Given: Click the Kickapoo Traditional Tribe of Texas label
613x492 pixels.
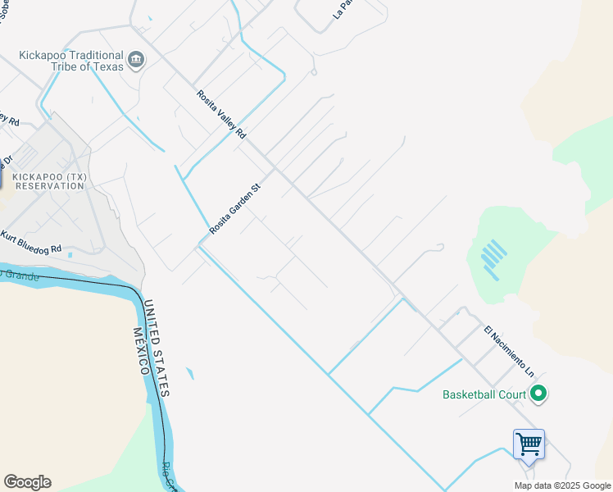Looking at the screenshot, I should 72,61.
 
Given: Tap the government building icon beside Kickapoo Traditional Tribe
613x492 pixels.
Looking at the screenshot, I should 136,58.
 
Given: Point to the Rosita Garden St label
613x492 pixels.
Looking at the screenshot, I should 234,209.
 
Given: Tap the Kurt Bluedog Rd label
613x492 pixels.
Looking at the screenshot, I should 31,241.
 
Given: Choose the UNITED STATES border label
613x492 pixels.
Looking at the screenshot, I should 157,348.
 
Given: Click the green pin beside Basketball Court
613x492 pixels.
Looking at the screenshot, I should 538,394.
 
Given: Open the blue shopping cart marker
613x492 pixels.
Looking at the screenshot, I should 529,445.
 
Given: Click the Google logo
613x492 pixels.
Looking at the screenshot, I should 27,482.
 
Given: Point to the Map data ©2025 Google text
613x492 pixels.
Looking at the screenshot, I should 561,485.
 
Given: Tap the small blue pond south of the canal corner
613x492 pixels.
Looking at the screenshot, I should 190,374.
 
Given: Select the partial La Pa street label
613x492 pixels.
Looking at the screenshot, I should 343,8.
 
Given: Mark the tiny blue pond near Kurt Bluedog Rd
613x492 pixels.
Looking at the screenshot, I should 70,256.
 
